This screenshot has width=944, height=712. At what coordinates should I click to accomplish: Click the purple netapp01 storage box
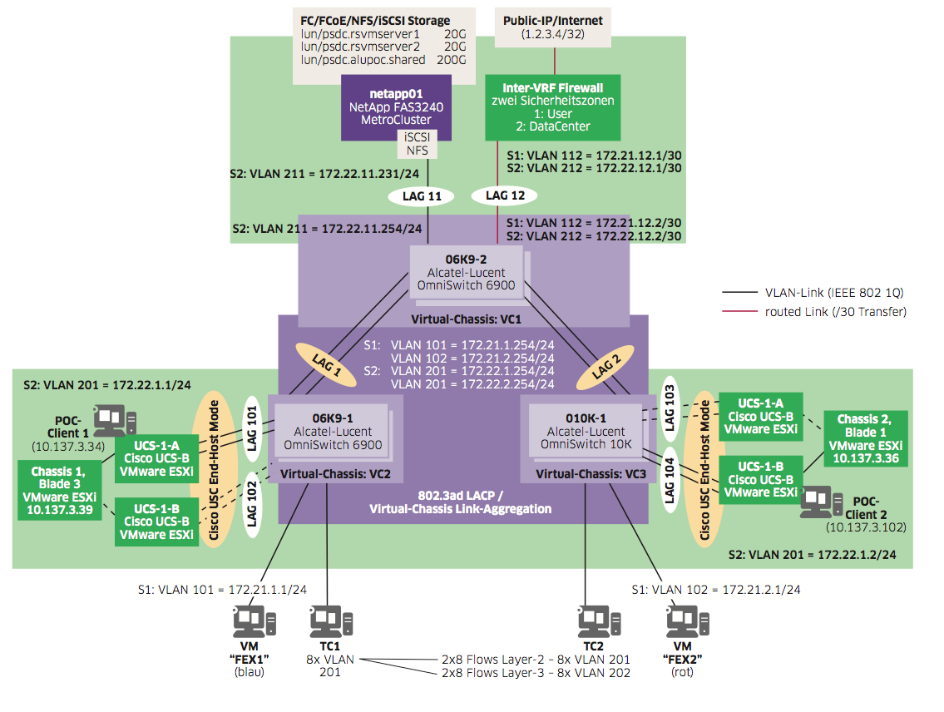click(x=397, y=106)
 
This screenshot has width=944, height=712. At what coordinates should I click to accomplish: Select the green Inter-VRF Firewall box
click(x=552, y=107)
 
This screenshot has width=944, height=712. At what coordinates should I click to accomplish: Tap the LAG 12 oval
click(x=504, y=196)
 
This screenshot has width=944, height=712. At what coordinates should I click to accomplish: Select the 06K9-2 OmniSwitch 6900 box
click(x=466, y=269)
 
